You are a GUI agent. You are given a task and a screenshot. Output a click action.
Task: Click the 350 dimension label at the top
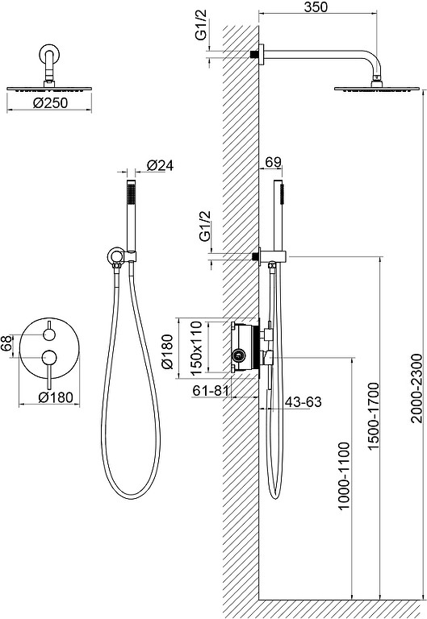tap(316, 6)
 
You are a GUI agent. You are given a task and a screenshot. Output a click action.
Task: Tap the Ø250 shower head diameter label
tap(51, 103)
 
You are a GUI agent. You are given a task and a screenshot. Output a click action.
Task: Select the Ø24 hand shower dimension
tap(160, 165)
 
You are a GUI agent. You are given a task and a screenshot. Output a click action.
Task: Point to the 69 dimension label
tap(273, 162)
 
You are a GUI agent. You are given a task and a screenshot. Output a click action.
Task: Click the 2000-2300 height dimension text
tap(417, 388)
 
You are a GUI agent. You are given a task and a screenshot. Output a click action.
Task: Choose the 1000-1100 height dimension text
tap(345, 476)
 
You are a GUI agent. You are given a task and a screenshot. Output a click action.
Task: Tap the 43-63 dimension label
tap(304, 402)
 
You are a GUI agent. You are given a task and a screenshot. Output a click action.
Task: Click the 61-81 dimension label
tap(211, 390)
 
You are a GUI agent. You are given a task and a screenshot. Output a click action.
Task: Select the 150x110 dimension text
tap(195, 347)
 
